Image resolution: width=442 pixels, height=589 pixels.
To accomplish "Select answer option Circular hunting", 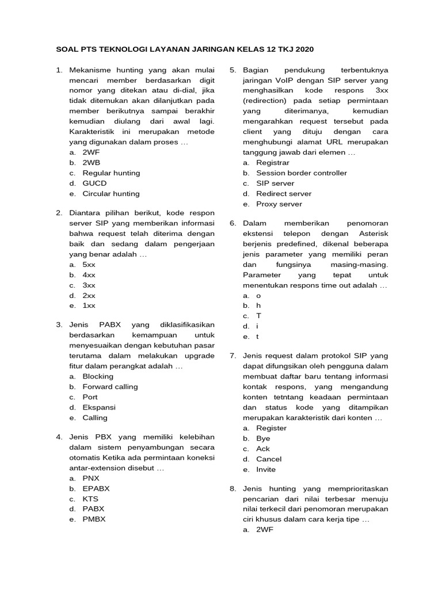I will coord(111,194).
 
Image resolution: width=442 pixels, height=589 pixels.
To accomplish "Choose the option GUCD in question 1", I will coord(94,183).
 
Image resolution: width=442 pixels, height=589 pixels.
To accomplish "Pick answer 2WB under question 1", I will coord(92,163).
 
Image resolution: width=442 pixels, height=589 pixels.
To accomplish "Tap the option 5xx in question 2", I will coord(89,265).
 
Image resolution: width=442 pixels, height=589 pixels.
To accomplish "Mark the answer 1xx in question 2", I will coord(89,306).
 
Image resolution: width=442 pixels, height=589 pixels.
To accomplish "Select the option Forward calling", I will coord(110,387).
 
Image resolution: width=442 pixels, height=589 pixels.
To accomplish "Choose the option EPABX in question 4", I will coord(96,488).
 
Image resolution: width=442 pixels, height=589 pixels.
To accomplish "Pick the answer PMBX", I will coord(94,519).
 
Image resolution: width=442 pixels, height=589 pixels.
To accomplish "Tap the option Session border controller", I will coord(301,173).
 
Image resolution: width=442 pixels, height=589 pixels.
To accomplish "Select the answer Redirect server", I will coord(284,194).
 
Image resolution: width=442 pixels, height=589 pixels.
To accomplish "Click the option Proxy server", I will coord(279,204).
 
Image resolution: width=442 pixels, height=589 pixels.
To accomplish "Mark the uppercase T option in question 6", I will coord(259,316).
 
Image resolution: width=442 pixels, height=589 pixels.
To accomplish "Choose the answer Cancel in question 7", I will coord(269,459).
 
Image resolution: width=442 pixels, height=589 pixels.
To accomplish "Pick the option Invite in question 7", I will coord(265,469).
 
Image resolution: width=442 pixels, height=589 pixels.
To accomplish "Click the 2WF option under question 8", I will coord(265,530).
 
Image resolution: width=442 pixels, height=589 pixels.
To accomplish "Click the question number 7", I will coord(233,356).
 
